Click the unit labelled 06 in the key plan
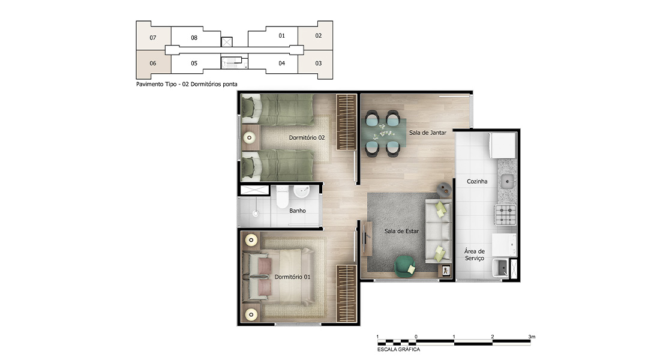click(154, 63)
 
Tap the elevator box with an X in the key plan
click(227, 41)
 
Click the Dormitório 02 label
click(307, 137)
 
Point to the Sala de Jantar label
click(428, 133)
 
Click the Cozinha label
click(477, 181)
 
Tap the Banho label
click(298, 211)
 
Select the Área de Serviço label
click(475, 255)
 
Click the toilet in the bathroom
click(283, 197)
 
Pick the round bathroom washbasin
click(302, 192)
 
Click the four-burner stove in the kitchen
click(505, 215)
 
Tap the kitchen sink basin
click(507, 182)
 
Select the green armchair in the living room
click(405, 265)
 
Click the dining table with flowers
click(384, 132)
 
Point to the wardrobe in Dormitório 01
click(346, 293)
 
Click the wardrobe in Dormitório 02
click(346, 122)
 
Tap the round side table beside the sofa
click(444, 190)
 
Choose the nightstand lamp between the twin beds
click(250, 137)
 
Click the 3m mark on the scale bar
click(532, 337)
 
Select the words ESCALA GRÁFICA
click(398, 349)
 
